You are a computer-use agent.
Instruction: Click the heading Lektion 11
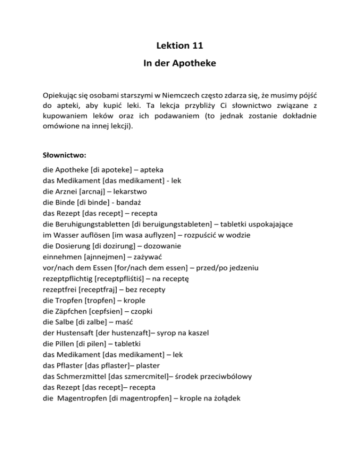point(180,45)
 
